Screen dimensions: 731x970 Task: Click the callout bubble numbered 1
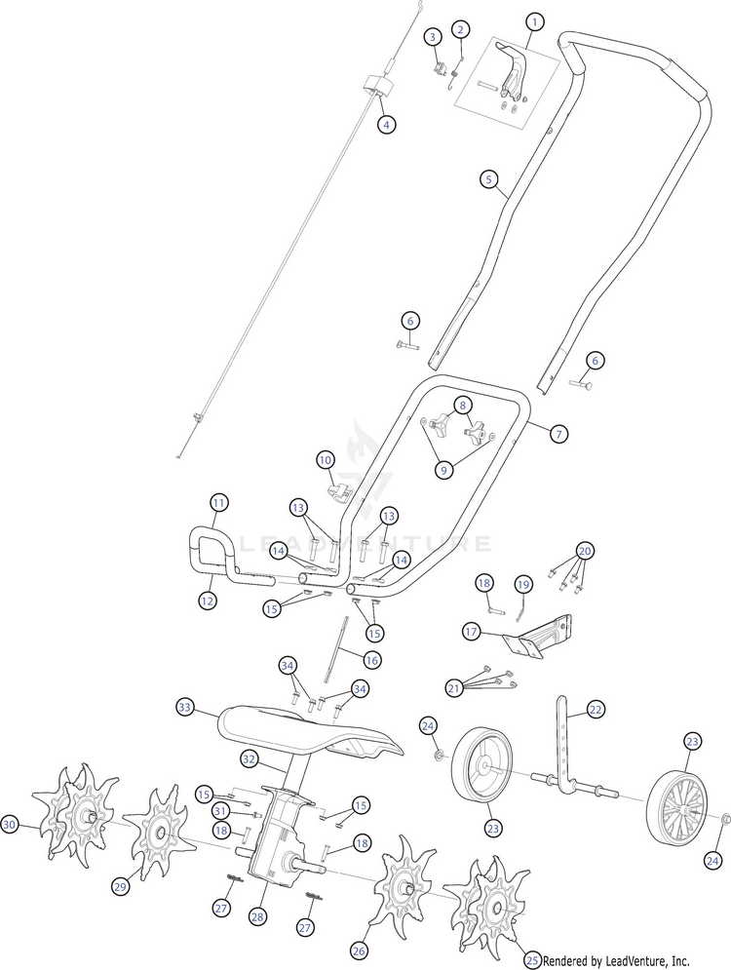click(x=534, y=22)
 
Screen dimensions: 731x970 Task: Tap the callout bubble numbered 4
click(x=387, y=125)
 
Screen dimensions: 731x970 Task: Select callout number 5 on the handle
click(x=488, y=179)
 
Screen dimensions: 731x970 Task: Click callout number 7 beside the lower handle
click(x=558, y=434)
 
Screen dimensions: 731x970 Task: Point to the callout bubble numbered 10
click(x=326, y=460)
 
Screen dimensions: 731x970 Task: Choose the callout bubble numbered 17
click(x=471, y=632)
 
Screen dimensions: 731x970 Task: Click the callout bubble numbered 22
click(x=595, y=710)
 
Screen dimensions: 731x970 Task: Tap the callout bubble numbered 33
click(x=185, y=706)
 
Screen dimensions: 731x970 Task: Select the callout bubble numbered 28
click(x=257, y=916)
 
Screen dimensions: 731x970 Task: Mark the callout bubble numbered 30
click(x=9, y=824)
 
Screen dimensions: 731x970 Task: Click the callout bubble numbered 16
click(x=371, y=661)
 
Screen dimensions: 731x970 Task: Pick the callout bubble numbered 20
click(x=585, y=551)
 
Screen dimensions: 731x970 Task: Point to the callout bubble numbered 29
click(x=121, y=886)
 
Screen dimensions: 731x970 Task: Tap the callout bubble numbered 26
click(x=359, y=951)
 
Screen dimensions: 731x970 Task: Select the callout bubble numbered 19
click(x=523, y=584)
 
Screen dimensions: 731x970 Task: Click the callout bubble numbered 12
click(x=208, y=600)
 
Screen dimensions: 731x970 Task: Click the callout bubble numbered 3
click(x=433, y=37)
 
